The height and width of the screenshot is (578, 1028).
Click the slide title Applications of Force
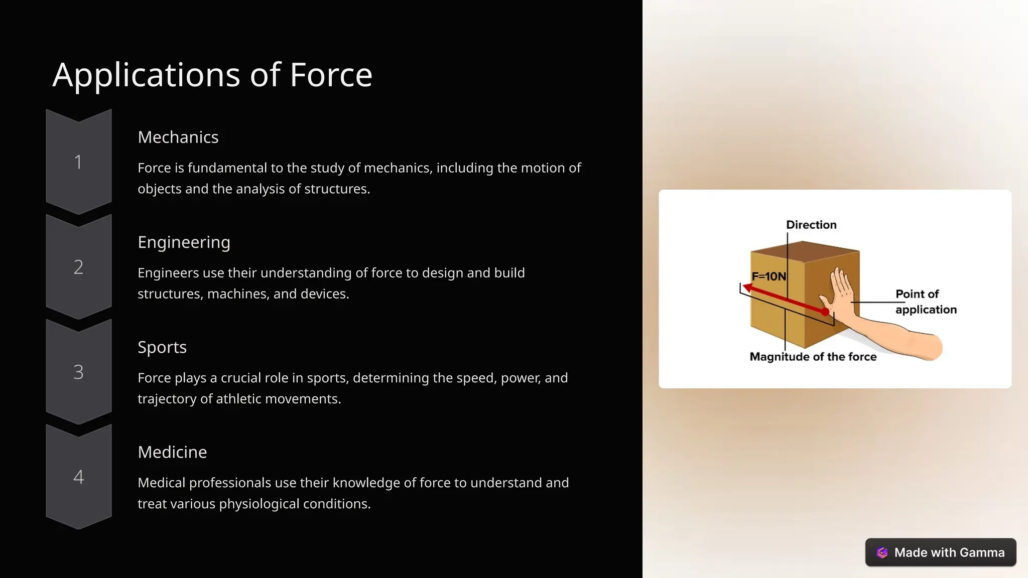(x=212, y=75)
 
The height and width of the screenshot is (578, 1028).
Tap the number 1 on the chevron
(x=78, y=162)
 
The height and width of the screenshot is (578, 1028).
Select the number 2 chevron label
(x=78, y=267)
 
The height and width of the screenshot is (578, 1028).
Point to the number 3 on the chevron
(x=78, y=372)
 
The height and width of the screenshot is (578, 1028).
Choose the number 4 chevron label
(x=78, y=477)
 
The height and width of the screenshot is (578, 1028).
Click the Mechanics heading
(x=178, y=137)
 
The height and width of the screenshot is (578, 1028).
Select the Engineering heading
(x=184, y=242)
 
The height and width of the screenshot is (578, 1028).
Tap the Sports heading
(x=162, y=347)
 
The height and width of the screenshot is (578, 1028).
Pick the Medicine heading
(x=172, y=452)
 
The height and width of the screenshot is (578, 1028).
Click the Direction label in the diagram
(x=811, y=225)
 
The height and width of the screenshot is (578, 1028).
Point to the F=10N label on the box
(x=768, y=276)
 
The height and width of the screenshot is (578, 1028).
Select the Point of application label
(x=926, y=302)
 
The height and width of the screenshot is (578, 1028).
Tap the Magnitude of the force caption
(x=813, y=357)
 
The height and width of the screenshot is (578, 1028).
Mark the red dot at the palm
(x=825, y=312)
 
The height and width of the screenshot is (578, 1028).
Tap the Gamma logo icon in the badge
(x=882, y=552)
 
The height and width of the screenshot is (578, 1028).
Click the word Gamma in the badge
(x=982, y=552)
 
